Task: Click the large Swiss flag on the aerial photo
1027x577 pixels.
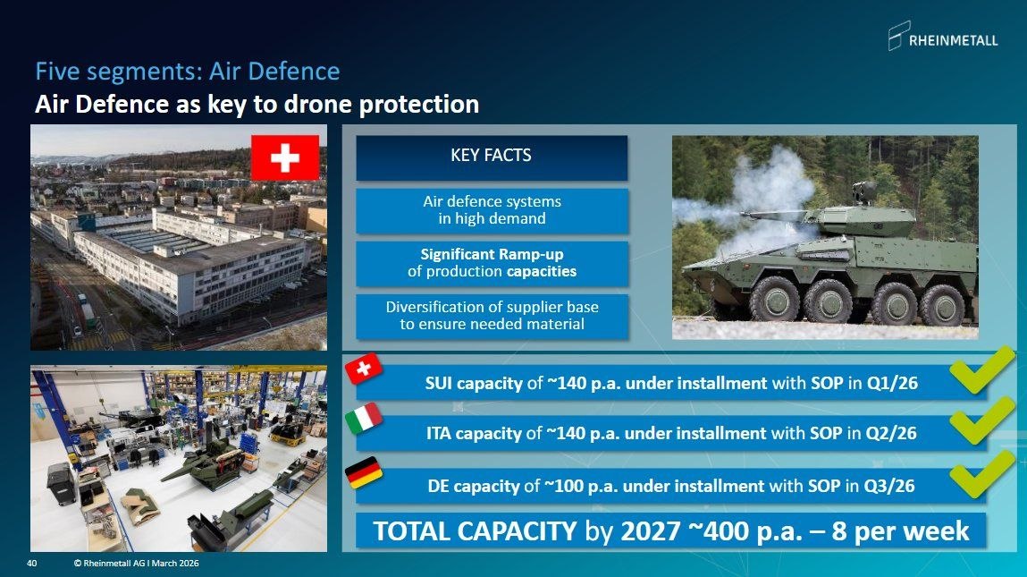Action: click(285, 157)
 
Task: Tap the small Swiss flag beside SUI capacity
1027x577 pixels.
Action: click(363, 369)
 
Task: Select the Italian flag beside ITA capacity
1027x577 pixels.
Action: click(363, 419)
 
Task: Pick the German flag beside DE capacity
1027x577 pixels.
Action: click(364, 473)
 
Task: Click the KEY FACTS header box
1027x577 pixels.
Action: click(491, 157)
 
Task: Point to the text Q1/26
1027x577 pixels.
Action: click(892, 384)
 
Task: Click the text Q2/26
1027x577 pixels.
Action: click(891, 434)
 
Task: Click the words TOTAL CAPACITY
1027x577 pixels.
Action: click(475, 530)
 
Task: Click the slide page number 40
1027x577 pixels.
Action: click(31, 564)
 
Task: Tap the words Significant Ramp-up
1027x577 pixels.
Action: click(491, 254)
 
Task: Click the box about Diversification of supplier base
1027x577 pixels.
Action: click(492, 316)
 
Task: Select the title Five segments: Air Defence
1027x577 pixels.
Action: click(187, 71)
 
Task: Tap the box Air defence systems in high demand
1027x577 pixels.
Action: click(492, 210)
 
